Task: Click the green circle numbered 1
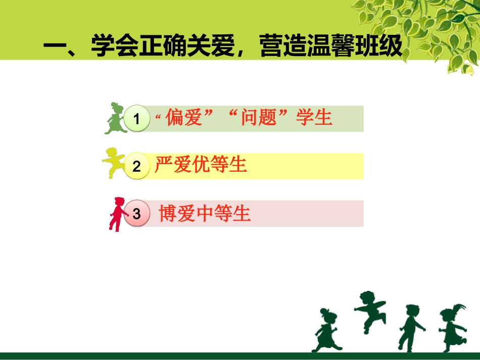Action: tap(137, 118)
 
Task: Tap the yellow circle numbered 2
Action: tap(137, 166)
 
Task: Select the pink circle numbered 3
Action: tap(137, 213)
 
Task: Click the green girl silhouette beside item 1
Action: tap(115, 119)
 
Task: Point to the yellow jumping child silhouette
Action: tap(113, 163)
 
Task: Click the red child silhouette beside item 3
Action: tap(118, 214)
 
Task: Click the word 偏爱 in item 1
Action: tap(184, 117)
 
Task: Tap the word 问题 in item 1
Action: tap(259, 117)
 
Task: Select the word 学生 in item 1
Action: tap(314, 117)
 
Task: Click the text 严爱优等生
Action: tap(201, 164)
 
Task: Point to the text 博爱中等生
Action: tap(205, 213)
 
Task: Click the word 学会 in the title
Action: tap(115, 46)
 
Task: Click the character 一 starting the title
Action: tap(55, 46)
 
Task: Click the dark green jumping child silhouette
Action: tap(370, 312)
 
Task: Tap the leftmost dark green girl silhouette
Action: tap(326, 330)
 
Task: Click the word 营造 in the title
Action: tap(283, 46)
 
